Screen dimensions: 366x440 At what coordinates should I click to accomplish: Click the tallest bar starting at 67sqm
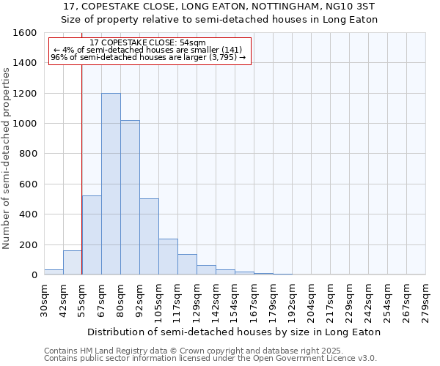[111, 184]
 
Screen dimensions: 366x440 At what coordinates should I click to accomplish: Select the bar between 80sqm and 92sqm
[130, 198]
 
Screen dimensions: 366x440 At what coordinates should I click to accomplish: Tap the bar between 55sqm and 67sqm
[92, 235]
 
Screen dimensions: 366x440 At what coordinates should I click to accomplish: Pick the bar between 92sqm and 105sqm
[149, 236]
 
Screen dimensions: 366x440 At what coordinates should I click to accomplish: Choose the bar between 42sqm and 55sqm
[73, 262]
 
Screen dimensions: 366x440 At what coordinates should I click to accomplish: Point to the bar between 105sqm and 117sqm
[168, 256]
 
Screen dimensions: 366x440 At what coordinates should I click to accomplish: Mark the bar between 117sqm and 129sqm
[187, 264]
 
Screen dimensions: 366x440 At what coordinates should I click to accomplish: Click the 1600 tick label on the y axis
[25, 33]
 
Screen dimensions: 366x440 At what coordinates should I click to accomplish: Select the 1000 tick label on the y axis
[25, 124]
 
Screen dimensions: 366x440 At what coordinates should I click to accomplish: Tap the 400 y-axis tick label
[28, 214]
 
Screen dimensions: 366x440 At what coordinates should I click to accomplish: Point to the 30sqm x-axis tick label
[45, 298]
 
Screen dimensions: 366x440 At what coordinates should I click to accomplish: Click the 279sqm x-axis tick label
[426, 298]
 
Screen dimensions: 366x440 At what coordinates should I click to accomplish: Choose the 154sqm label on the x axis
[235, 298]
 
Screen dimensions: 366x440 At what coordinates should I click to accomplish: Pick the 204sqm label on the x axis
[312, 298]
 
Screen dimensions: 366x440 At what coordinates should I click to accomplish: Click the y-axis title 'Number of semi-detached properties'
[7, 154]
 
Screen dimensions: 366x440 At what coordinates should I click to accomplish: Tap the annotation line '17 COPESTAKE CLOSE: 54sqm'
[150, 43]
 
